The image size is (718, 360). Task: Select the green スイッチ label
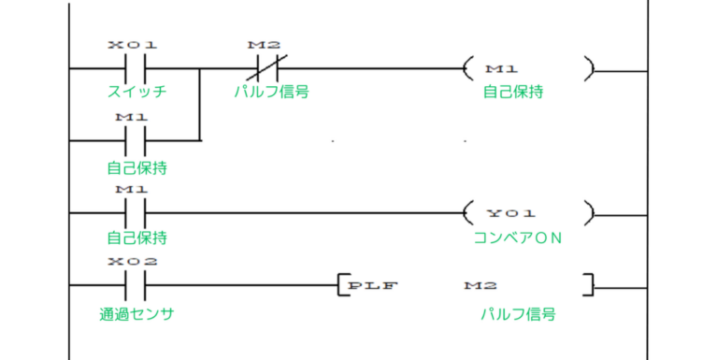[x=136, y=92]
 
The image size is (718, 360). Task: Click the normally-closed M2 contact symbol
[x=266, y=69]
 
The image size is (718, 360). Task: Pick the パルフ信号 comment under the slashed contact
[x=272, y=92]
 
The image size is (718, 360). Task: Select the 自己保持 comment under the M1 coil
[x=513, y=92]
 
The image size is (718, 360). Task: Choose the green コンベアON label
[x=516, y=237]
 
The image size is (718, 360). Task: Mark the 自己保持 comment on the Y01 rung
[x=136, y=238]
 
